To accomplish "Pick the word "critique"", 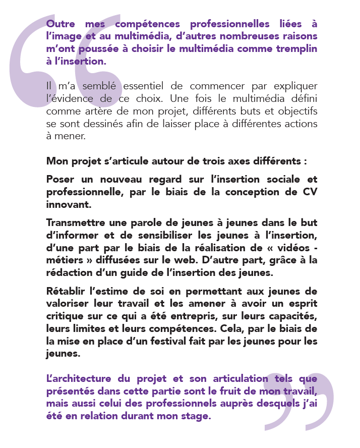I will pos(64,317).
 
